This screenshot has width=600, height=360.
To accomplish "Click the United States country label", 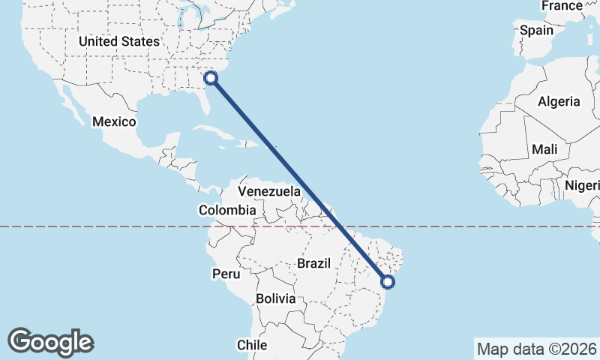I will pyautogui.click(x=119, y=41).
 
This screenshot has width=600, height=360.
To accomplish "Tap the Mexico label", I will pyautogui.click(x=114, y=121).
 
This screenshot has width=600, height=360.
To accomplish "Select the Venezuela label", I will pyautogui.click(x=269, y=192).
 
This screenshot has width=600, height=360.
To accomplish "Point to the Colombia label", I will pyautogui.click(x=226, y=211).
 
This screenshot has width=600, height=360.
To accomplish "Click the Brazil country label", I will pyautogui.click(x=314, y=263).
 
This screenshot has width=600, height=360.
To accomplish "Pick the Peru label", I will pyautogui.click(x=225, y=274).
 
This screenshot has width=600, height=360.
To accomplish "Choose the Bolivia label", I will pyautogui.click(x=275, y=298).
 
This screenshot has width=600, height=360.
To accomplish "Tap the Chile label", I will pyautogui.click(x=252, y=345).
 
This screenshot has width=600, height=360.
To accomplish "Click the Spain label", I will pyautogui.click(x=536, y=31).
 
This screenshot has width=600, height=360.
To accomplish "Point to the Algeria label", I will pyautogui.click(x=559, y=101).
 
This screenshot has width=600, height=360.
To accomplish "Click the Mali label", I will pyautogui.click(x=544, y=150).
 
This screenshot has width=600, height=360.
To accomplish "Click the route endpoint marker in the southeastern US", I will pyautogui.click(x=211, y=76).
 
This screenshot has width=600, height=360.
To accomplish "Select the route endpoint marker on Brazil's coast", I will pyautogui.click(x=388, y=282).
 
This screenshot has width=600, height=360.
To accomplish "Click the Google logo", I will pyautogui.click(x=50, y=341).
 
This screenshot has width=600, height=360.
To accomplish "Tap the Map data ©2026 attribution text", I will pyautogui.click(x=535, y=349).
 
